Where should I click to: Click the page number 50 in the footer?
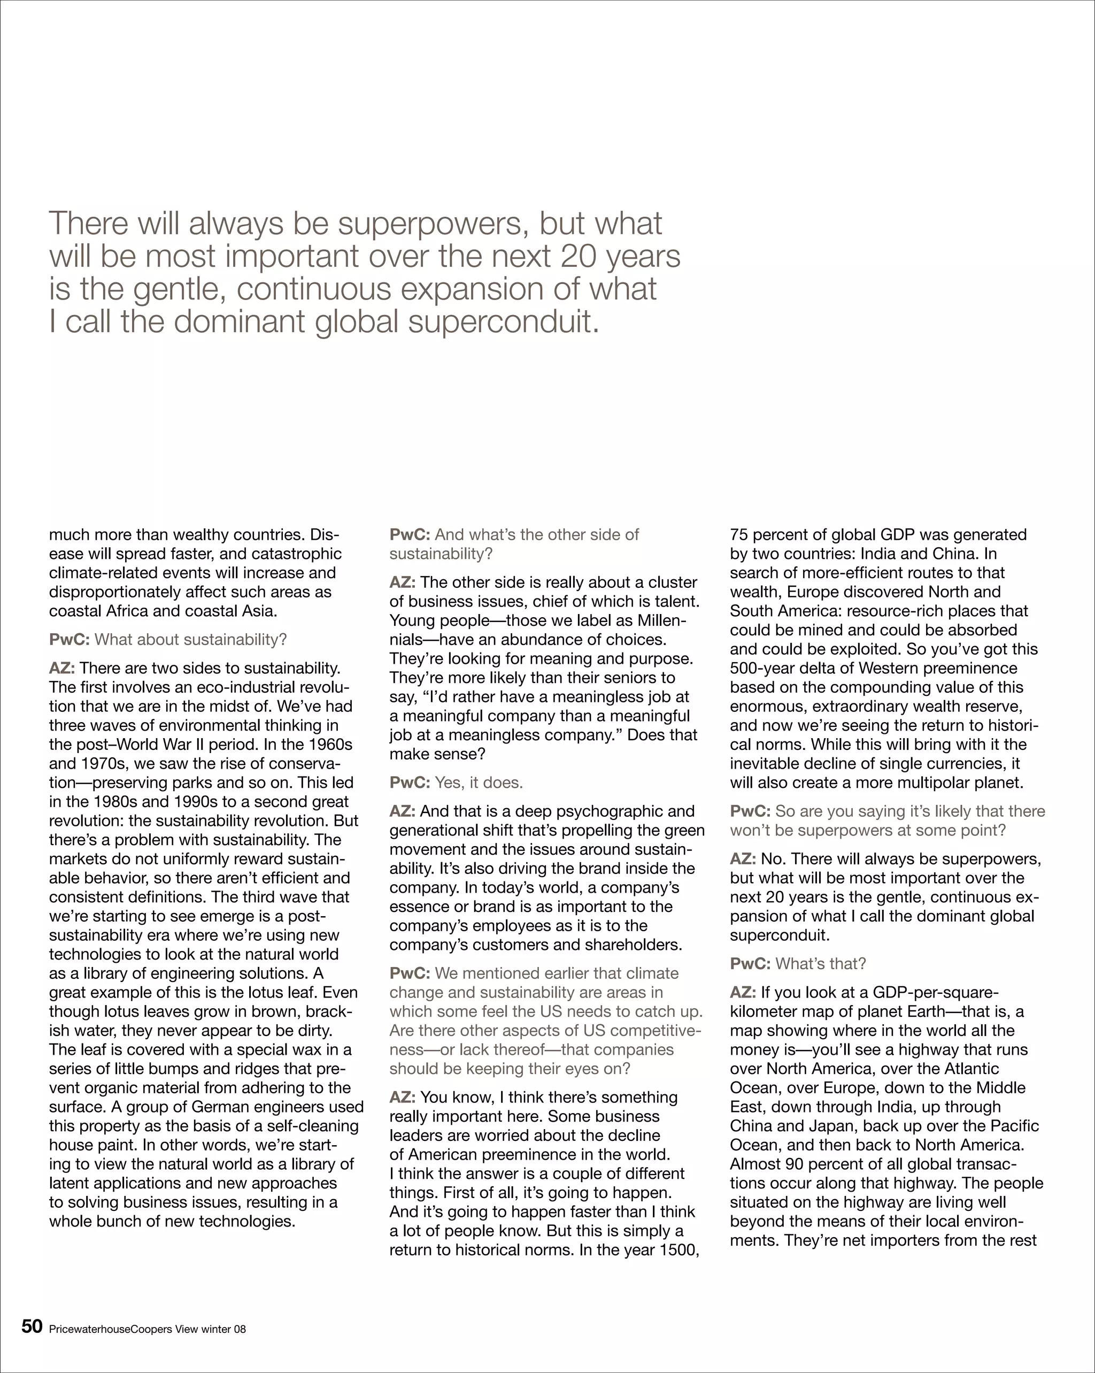click(x=32, y=1326)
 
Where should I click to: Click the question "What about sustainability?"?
click(x=190, y=639)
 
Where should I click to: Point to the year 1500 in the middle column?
click(x=679, y=1250)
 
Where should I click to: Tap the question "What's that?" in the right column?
click(x=820, y=963)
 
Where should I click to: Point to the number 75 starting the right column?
click(x=738, y=534)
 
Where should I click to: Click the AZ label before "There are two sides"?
click(x=61, y=668)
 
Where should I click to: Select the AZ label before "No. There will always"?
click(x=743, y=859)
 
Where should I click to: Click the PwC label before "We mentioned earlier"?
click(x=410, y=973)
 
